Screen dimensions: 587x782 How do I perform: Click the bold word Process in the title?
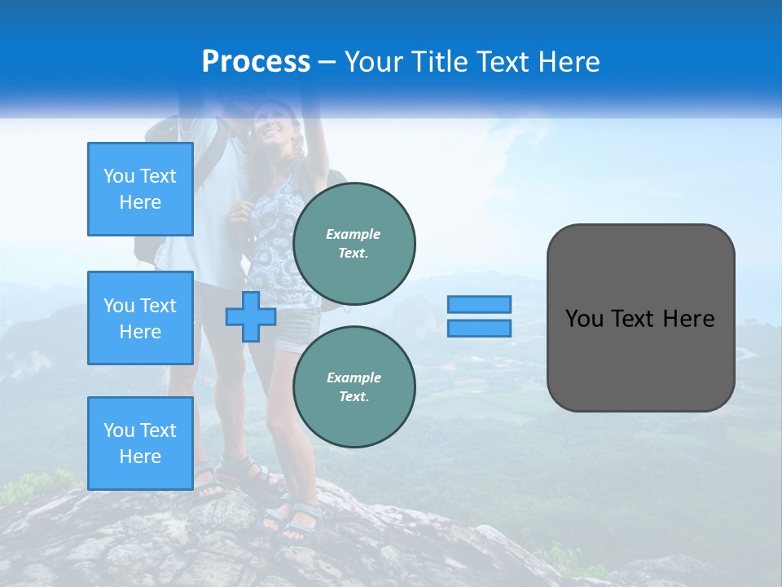pyautogui.click(x=256, y=62)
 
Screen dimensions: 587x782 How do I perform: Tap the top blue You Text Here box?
pyautogui.click(x=140, y=189)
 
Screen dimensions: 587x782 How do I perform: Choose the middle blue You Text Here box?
pyautogui.click(x=140, y=318)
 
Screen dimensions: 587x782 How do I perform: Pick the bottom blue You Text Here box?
pyautogui.click(x=140, y=444)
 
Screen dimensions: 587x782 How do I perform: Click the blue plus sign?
pyautogui.click(x=251, y=316)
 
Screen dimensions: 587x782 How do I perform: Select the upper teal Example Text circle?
pyautogui.click(x=354, y=243)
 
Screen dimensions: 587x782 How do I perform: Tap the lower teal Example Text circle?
pyautogui.click(x=354, y=386)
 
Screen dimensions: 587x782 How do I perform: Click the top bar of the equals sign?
pyautogui.click(x=479, y=304)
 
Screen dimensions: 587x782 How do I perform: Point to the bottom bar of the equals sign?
pyautogui.click(x=479, y=328)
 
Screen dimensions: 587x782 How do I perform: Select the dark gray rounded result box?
pyautogui.click(x=640, y=318)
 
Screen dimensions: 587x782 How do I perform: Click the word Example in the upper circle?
pyautogui.click(x=354, y=234)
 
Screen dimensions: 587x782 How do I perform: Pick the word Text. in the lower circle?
pyautogui.click(x=354, y=396)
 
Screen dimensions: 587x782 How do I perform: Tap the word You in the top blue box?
pyautogui.click(x=119, y=176)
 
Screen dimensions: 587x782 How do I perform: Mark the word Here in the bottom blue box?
pyautogui.click(x=140, y=457)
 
